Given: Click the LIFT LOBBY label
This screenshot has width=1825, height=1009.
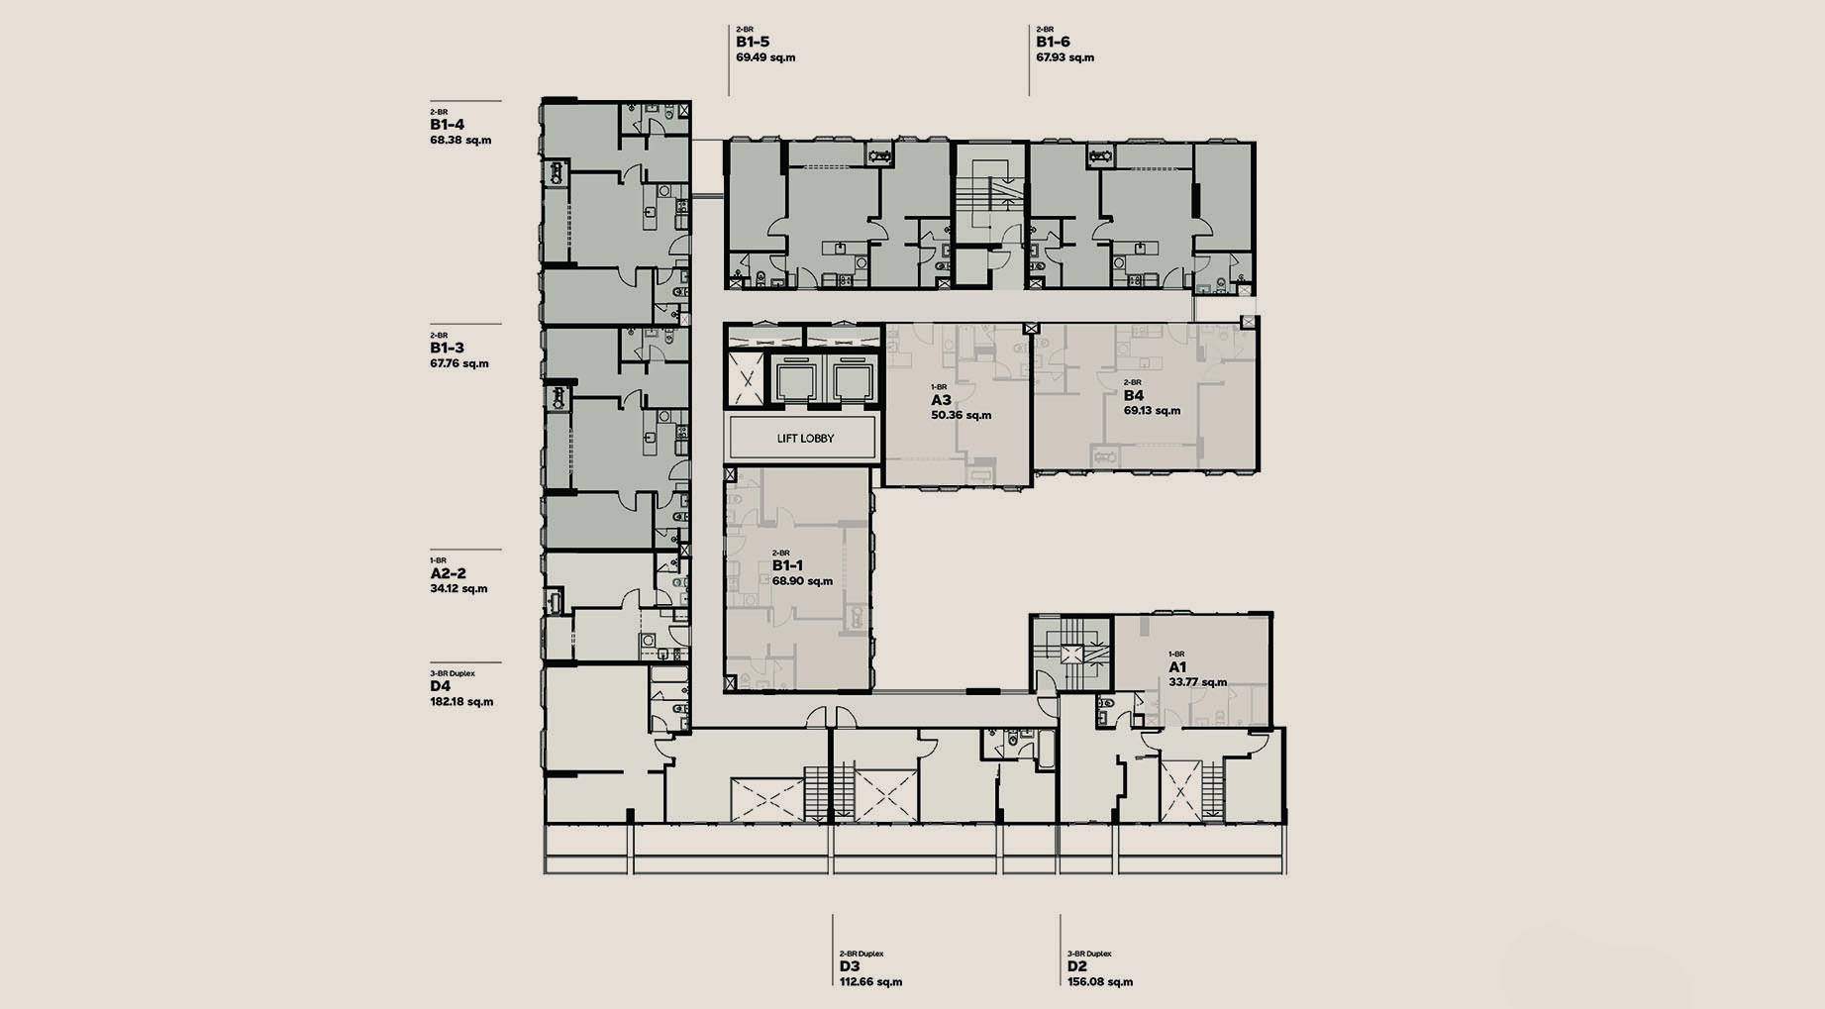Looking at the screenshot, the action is (x=805, y=438).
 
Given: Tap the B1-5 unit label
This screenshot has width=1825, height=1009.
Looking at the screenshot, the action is (x=753, y=43).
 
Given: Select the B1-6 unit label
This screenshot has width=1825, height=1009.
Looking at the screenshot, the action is (x=1053, y=43).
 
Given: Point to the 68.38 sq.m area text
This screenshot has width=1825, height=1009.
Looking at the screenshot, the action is (x=460, y=141).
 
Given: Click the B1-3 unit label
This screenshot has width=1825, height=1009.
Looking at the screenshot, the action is (x=447, y=349).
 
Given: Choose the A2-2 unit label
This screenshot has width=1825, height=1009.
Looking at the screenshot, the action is (x=448, y=573).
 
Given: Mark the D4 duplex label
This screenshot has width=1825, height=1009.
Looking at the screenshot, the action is (x=441, y=686).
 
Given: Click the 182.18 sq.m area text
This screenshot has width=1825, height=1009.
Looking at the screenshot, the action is (x=461, y=702).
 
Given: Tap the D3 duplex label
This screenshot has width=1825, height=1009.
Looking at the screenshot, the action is (x=850, y=966).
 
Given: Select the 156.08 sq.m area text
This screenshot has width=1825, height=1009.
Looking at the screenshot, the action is (x=1100, y=982).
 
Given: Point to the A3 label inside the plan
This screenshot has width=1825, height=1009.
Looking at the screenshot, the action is (x=941, y=400).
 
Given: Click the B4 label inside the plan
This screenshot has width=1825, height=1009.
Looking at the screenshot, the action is (x=1134, y=395).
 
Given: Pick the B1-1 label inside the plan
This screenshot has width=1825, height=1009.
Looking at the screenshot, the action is (x=787, y=565).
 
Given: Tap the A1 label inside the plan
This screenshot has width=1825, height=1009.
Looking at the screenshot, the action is (x=1177, y=667).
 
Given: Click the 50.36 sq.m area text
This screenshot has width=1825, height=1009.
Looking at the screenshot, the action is (x=962, y=416).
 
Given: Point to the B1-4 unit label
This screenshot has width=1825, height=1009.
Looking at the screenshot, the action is (x=447, y=125).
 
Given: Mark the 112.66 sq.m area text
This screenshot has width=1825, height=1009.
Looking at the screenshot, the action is (x=870, y=982).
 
